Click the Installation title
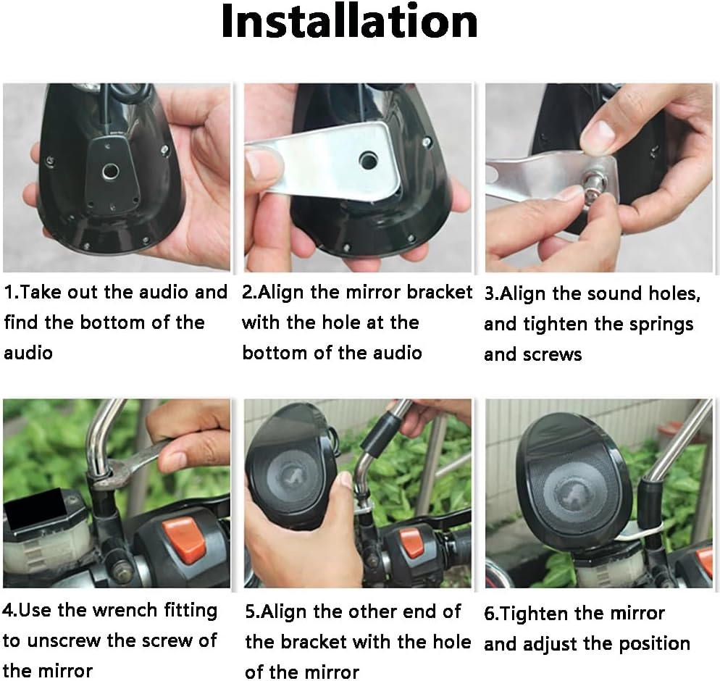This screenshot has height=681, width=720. coord(349,21)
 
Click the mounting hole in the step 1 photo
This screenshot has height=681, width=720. coord(110,171)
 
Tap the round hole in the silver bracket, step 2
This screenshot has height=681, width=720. coord(367,160)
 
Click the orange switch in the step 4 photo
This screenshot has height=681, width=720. coord(183,540)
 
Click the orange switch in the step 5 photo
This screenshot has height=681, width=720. coord(409,543)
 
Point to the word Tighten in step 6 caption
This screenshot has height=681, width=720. coord(536,614)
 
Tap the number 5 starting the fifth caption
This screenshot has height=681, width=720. coord(250,612)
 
